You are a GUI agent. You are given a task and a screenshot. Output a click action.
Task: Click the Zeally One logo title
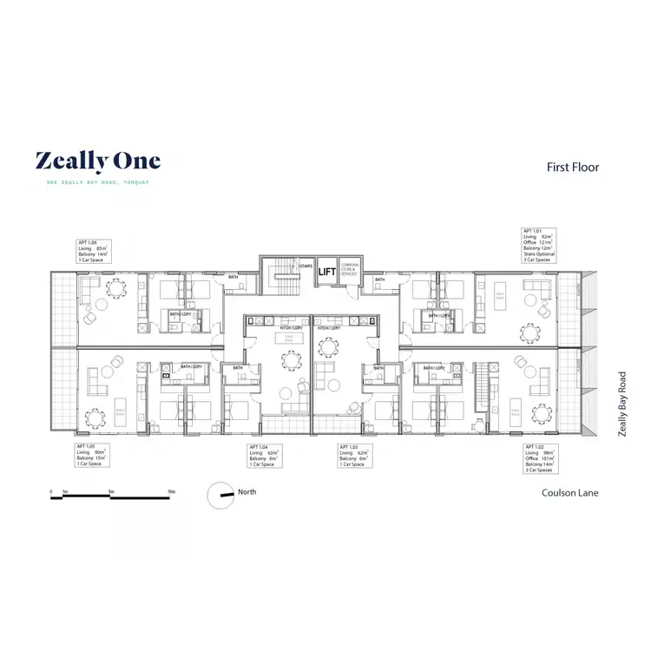pyautogui.click(x=97, y=161)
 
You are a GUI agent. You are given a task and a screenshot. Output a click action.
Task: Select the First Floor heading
pyautogui.click(x=573, y=167)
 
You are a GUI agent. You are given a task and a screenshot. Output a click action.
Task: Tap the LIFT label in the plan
pyautogui.click(x=326, y=272)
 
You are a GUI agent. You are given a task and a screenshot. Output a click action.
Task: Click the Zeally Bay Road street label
pyautogui.click(x=621, y=403)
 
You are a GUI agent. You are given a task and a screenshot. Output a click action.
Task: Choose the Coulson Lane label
pyautogui.click(x=570, y=493)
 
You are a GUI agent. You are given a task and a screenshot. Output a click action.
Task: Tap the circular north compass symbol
pyautogui.click(x=218, y=496)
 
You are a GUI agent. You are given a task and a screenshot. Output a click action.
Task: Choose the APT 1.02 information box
pyautogui.click(x=542, y=458)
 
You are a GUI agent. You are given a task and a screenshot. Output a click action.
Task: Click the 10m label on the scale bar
pyautogui.click(x=171, y=491)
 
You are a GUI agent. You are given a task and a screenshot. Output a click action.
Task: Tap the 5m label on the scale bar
pyautogui.click(x=111, y=491)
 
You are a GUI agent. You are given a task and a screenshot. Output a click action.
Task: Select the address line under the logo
pyautogui.click(x=98, y=182)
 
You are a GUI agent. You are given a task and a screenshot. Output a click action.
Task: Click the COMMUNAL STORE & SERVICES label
pyautogui.click(x=350, y=270)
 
